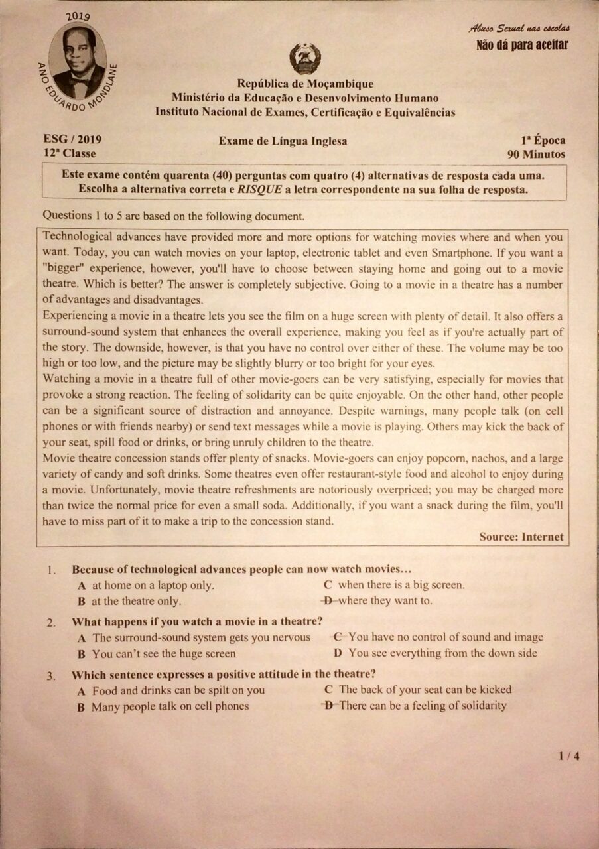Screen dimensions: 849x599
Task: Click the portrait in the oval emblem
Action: click(x=78, y=62)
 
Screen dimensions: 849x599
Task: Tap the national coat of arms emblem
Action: click(x=305, y=58)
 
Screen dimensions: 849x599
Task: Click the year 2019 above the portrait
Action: click(x=78, y=16)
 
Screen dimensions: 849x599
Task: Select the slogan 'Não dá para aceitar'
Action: click(x=522, y=45)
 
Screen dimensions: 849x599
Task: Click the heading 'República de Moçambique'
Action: click(x=305, y=84)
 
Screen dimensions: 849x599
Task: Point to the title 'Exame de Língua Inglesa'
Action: click(x=283, y=141)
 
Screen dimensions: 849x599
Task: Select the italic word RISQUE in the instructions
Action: click(x=260, y=189)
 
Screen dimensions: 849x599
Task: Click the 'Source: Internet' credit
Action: click(x=521, y=537)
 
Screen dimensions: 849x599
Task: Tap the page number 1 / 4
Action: click(x=569, y=755)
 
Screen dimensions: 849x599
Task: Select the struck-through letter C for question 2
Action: click(x=338, y=637)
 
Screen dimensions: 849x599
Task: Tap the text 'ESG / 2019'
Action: click(x=72, y=140)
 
